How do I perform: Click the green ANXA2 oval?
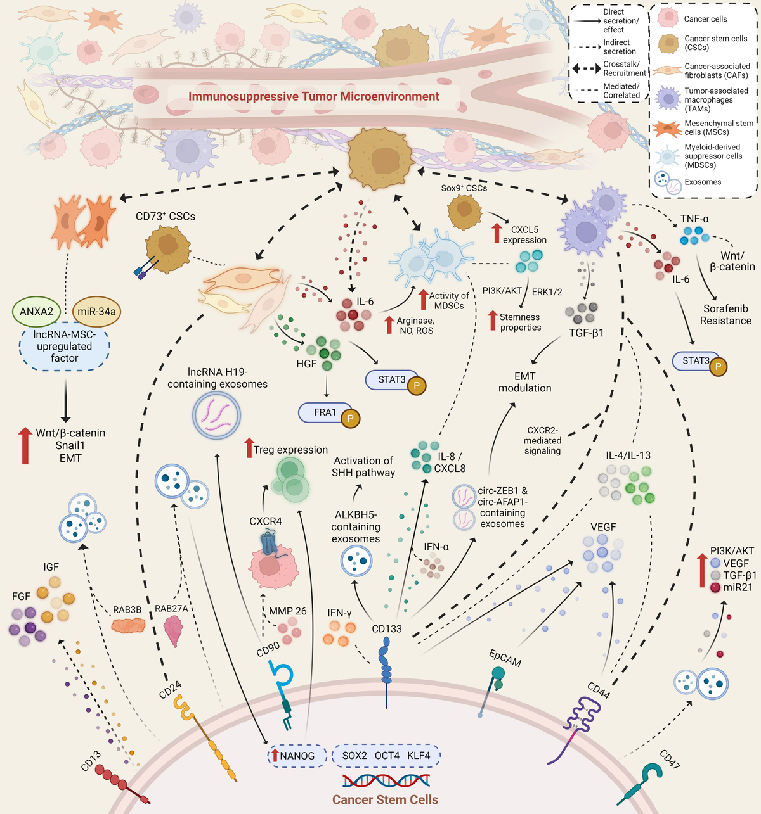click(36, 312)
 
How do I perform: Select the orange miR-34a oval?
click(96, 312)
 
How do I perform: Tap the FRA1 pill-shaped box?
click(325, 412)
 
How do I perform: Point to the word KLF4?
click(419, 756)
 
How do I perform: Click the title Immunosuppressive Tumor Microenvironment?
click(313, 96)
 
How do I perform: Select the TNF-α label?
click(694, 219)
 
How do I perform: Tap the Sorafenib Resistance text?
click(725, 315)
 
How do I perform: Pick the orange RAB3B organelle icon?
click(128, 626)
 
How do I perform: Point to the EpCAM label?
click(505, 658)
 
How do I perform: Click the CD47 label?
click(670, 760)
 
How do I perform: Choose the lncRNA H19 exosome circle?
click(216, 416)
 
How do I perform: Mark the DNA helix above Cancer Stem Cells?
click(386, 780)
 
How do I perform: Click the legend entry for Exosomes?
click(703, 182)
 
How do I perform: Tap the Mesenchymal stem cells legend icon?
click(668, 128)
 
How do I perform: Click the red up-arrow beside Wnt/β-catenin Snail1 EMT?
click(25, 445)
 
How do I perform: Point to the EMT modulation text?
click(524, 382)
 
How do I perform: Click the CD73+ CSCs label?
click(166, 217)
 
